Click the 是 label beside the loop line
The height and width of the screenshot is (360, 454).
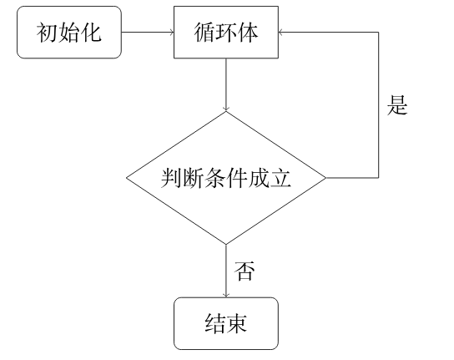[x=397, y=105]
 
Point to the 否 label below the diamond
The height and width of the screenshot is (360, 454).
[x=245, y=271]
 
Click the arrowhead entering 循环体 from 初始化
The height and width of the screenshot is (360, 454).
[x=171, y=33]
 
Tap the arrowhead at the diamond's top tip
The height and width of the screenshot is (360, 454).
[x=226, y=109]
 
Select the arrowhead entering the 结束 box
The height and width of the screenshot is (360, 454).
[x=226, y=295]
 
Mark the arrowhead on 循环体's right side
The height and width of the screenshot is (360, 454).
[x=281, y=33]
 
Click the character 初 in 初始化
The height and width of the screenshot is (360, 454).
[x=48, y=33]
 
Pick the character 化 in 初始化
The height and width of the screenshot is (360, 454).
[x=91, y=33]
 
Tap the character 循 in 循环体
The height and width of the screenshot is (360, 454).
[x=204, y=33]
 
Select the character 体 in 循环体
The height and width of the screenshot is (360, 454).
[x=248, y=33]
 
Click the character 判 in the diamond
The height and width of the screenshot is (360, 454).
[x=171, y=178]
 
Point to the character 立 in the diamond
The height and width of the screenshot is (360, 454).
[x=280, y=178]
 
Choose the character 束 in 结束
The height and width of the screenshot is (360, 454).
[x=236, y=323]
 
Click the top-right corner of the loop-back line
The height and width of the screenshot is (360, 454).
[x=378, y=33]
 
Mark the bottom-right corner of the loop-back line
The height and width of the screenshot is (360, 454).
[x=378, y=178]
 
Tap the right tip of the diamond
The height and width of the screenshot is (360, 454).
[x=326, y=178]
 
